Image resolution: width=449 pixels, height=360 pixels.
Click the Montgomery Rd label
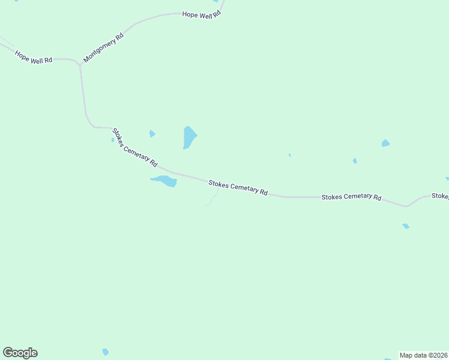103,47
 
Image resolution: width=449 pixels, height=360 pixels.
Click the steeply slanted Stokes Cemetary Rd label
135,147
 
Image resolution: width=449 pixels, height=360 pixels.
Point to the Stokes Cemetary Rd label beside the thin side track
238,188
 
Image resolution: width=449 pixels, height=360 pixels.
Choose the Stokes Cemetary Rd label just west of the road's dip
351,197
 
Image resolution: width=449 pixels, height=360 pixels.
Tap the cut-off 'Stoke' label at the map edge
440,196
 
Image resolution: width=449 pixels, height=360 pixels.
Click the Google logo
20,353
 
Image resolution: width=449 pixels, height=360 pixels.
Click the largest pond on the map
190,137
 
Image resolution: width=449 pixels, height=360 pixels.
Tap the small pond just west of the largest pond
152,133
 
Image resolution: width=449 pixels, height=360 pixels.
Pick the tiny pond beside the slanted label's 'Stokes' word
112,140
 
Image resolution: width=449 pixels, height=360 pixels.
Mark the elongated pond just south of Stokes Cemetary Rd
164,181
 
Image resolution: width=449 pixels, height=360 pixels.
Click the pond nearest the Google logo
106,352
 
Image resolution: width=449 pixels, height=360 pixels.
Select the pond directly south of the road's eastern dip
406,226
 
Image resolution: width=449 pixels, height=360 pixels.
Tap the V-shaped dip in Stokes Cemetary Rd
406,206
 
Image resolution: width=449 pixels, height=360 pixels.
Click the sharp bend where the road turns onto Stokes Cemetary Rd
92,126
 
